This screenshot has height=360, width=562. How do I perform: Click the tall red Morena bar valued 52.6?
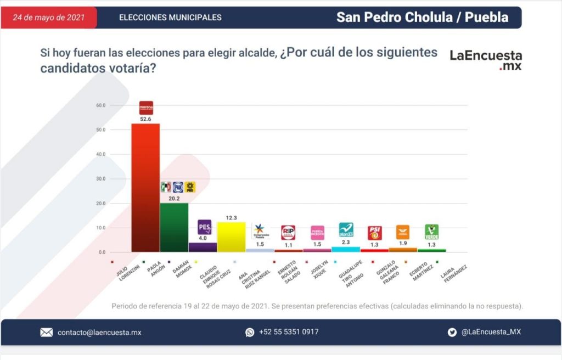point(145,187)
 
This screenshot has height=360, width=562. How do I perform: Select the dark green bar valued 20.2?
point(174,227)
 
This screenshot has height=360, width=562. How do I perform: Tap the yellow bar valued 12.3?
point(231,237)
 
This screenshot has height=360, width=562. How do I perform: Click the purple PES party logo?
point(204,227)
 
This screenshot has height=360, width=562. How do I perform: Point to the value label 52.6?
point(145,119)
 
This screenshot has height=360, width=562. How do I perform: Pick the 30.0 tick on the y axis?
point(100,179)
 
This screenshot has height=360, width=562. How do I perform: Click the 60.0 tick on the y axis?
point(100,105)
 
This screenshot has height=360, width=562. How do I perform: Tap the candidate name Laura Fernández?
point(452,273)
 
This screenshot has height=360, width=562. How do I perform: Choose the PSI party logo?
point(374,233)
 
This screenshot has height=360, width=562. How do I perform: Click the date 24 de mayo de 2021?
point(48,18)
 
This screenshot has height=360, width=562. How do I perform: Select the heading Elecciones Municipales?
point(170,18)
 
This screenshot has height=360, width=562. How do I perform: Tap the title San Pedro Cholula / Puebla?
point(422,17)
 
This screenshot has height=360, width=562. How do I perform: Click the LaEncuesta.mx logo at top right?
point(486,59)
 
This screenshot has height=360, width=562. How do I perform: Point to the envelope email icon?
point(46,332)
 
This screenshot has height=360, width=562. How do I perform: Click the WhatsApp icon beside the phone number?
point(250,332)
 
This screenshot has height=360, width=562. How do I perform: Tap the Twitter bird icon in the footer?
point(452,332)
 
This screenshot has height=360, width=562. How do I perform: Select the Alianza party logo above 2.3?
point(346,229)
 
